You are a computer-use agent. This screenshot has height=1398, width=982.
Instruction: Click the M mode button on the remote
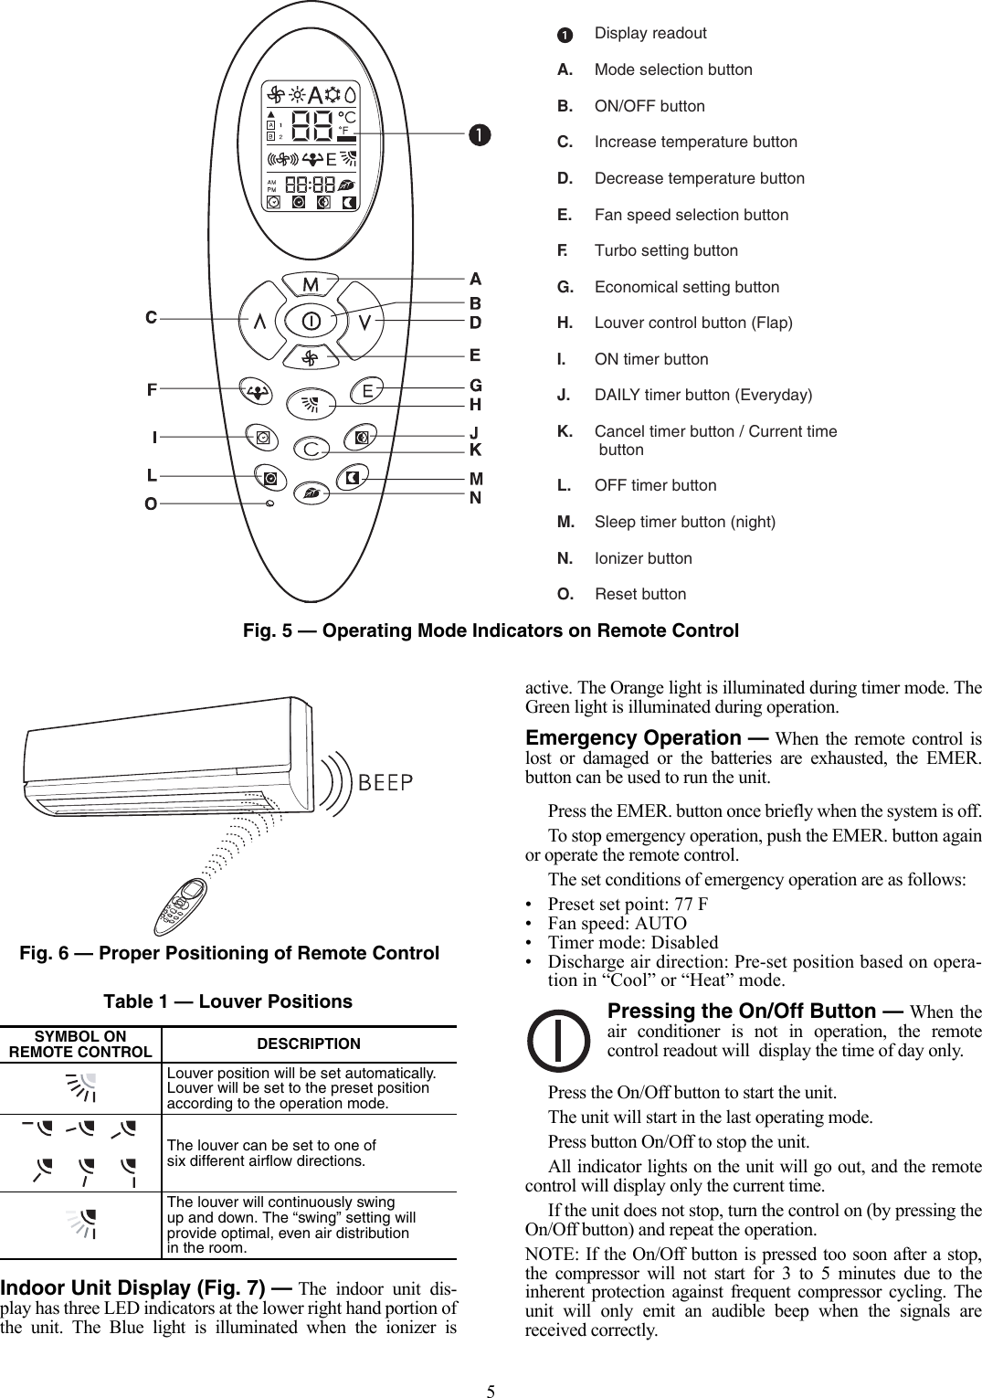pos(311,285)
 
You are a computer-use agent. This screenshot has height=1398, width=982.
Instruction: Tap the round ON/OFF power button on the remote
pos(311,322)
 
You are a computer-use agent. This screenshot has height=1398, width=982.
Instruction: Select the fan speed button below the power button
pos(311,357)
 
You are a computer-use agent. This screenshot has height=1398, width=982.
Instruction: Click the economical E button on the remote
pos(367,391)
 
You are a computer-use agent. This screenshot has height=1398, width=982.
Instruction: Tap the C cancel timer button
pos(312,450)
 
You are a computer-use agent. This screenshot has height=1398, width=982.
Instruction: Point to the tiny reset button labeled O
pos(269,503)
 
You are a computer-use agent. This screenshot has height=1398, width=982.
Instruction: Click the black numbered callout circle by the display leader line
pos(478,134)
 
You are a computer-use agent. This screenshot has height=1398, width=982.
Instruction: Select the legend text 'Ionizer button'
pos(643,558)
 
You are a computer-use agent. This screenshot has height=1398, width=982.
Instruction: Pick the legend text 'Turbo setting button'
pos(666,250)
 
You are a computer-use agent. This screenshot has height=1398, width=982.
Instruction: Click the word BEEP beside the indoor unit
pos(385,783)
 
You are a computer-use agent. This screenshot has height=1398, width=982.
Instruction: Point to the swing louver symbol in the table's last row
pos(82,1224)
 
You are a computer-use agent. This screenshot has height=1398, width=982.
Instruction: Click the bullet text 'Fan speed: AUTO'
pos(617,923)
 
